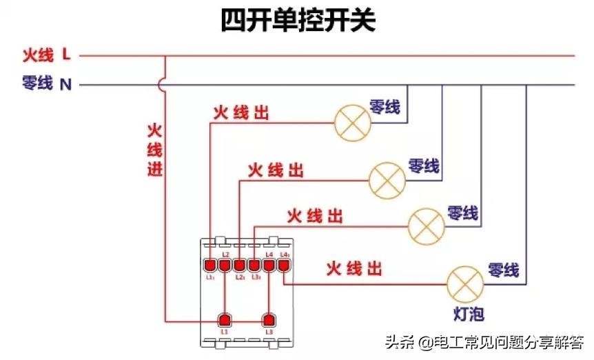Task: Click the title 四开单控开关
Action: click(297, 21)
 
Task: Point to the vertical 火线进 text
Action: click(155, 149)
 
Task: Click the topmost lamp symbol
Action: click(352, 122)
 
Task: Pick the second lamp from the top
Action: click(387, 179)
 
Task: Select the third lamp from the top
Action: click(427, 225)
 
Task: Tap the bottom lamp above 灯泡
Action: click(466, 283)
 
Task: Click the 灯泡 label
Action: click(469, 314)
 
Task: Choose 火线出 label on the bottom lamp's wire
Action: click(354, 268)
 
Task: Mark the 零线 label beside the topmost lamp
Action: click(385, 107)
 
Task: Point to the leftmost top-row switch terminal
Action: click(210, 264)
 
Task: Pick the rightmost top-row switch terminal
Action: click(283, 264)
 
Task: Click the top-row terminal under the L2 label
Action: click(225, 264)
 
